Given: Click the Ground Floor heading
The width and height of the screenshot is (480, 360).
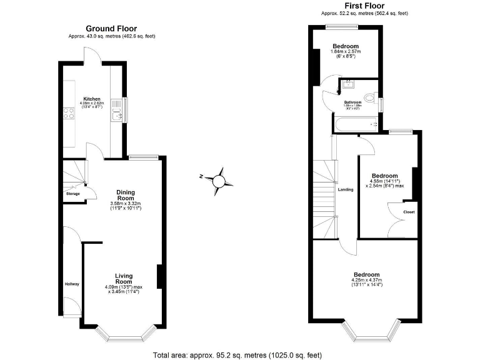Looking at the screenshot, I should [x=111, y=28].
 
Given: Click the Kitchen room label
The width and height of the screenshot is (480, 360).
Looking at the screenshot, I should [x=92, y=99].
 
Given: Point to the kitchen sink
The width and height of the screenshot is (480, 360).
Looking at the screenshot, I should [x=116, y=113].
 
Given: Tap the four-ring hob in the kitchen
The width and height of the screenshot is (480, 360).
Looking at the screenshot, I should [x=67, y=113].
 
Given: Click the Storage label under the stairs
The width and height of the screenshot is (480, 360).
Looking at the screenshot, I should [x=73, y=193].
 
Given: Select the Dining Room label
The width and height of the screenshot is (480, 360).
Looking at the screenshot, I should [x=126, y=195].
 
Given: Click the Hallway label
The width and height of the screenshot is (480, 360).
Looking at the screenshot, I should [x=72, y=284].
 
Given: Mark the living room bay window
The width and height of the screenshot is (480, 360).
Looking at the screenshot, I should [x=122, y=337].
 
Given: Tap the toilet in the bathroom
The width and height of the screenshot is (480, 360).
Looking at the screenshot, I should [x=370, y=98].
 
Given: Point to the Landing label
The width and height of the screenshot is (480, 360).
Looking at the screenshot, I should [x=346, y=189].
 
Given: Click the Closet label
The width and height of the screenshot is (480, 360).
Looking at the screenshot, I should [x=409, y=212].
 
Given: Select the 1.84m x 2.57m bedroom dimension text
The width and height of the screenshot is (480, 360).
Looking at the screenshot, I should [x=346, y=51].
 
